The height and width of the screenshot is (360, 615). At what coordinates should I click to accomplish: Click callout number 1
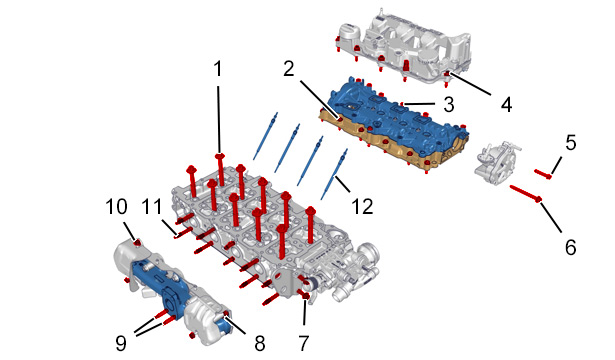click(x=218, y=69)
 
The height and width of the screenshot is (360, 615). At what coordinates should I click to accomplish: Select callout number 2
click(x=289, y=69)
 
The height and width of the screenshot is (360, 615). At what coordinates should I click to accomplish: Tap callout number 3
click(x=449, y=104)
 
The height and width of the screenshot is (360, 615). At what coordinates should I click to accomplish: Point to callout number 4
click(x=506, y=105)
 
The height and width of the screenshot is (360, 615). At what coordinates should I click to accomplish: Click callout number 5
click(x=571, y=142)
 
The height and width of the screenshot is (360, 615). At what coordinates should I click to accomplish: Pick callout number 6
click(x=571, y=247)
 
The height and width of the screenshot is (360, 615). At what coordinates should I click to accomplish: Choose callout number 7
click(x=304, y=343)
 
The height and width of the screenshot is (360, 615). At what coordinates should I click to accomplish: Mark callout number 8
click(x=260, y=343)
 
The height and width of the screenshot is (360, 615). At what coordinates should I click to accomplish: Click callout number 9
click(x=121, y=343)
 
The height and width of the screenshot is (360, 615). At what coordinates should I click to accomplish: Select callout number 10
click(x=117, y=206)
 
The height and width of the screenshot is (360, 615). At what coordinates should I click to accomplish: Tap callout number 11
click(x=152, y=206)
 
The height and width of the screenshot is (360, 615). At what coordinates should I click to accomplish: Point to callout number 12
click(x=362, y=206)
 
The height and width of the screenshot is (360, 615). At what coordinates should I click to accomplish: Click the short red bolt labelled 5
click(x=543, y=174)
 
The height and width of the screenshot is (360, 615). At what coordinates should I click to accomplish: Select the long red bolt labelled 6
click(x=526, y=193)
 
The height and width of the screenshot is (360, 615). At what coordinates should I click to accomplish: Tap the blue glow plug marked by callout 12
click(x=334, y=175)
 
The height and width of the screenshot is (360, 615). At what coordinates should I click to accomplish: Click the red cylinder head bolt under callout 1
click(x=220, y=169)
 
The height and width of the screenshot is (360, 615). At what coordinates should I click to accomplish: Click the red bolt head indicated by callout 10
click(x=137, y=243)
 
